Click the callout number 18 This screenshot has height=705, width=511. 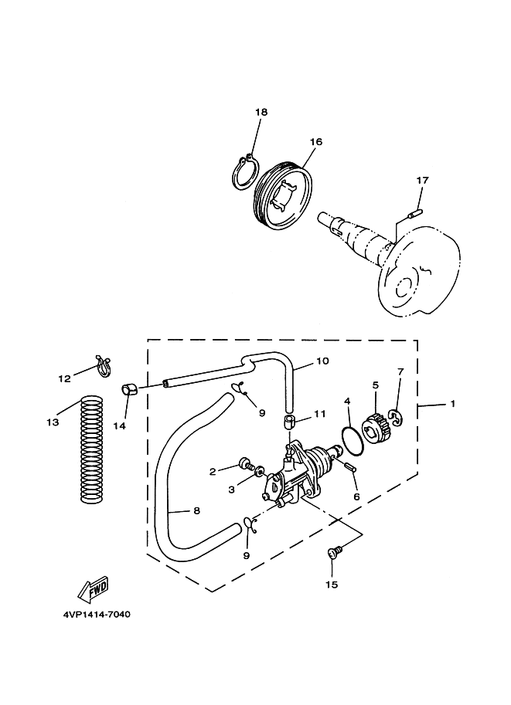point(261,112)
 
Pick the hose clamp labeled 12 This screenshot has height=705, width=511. point(104,366)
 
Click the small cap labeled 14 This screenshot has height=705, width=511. point(129,389)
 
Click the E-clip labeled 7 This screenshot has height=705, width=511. point(396,419)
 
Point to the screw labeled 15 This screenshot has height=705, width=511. point(336,551)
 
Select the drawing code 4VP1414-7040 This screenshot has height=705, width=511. point(97,614)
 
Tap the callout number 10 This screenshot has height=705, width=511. point(322,361)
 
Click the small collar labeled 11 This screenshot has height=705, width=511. point(288,423)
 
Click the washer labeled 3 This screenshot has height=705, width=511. point(259,472)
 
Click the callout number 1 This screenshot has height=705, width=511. point(452,404)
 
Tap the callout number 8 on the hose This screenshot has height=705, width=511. point(196,510)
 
